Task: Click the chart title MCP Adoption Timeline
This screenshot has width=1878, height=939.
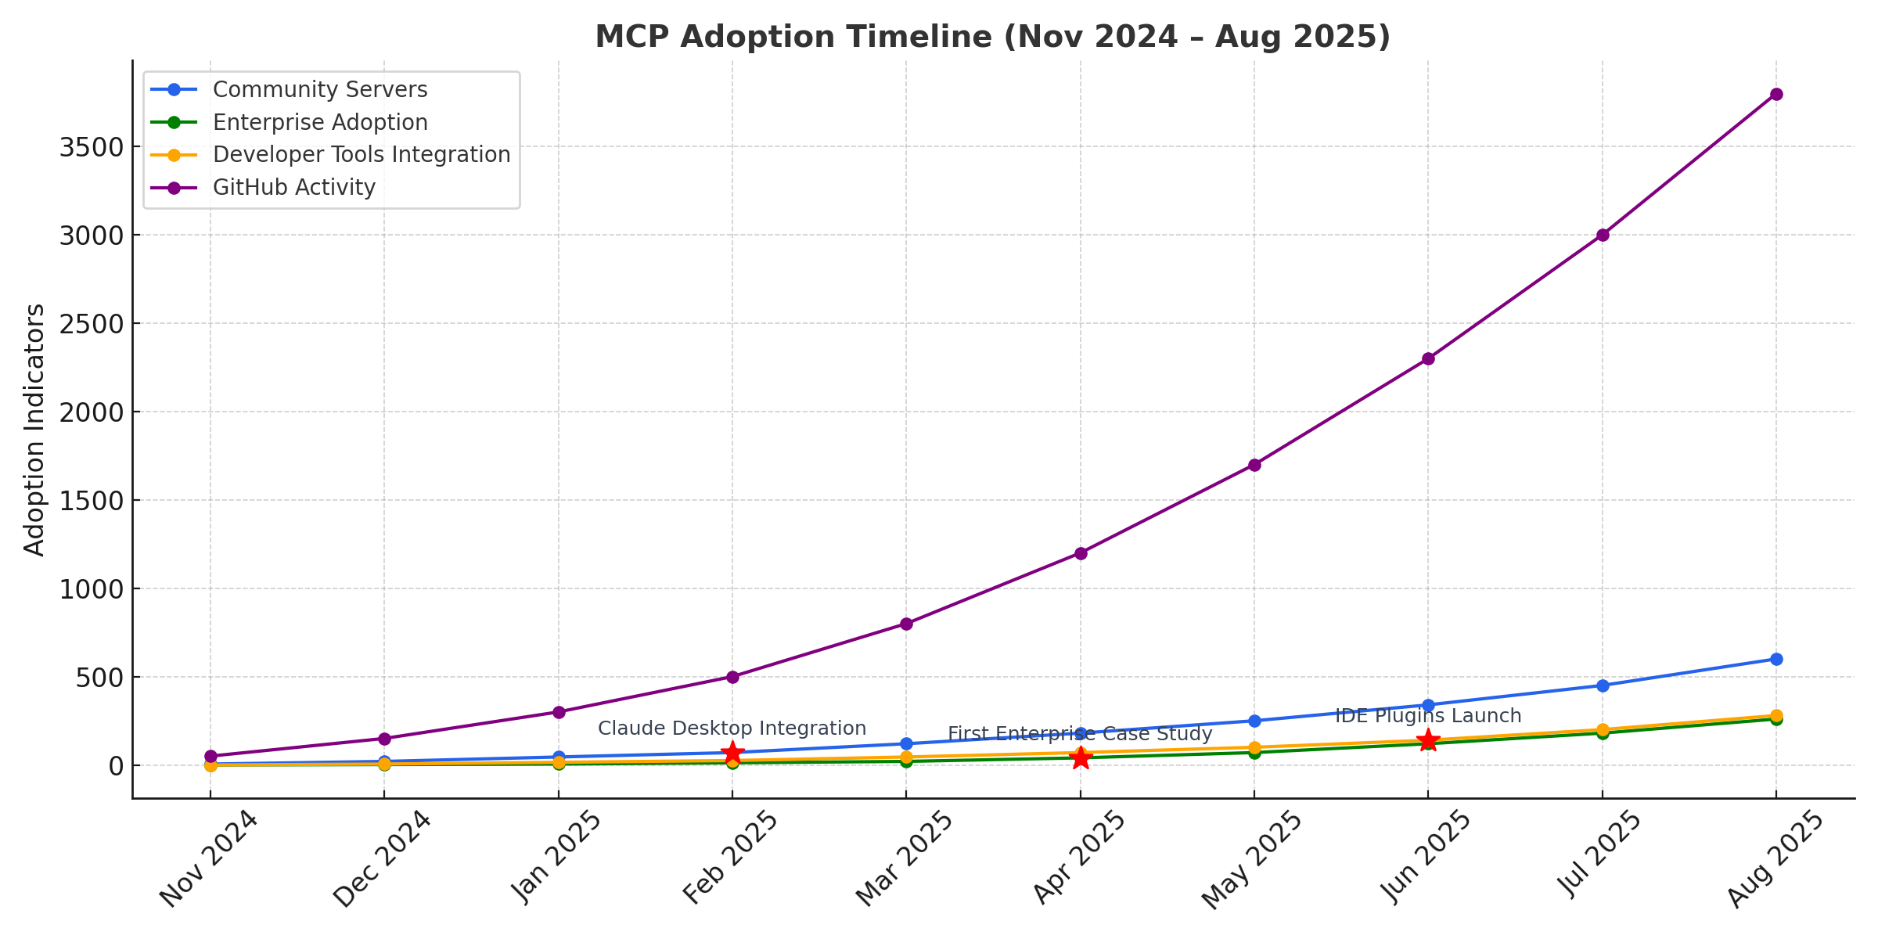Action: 992,37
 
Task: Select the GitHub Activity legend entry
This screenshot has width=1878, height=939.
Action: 294,188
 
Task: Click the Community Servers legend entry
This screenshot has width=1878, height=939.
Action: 320,90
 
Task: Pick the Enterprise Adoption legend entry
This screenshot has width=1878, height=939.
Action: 320,123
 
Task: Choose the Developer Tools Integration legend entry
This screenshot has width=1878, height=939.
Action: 362,155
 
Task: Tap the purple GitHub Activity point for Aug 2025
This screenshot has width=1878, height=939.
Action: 1776,94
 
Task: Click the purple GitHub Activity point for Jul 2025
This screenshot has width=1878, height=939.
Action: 1603,235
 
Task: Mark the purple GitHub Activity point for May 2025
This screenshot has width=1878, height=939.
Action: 1254,465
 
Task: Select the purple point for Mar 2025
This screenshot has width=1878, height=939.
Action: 906,624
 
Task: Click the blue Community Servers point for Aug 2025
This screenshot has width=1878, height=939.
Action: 1776,659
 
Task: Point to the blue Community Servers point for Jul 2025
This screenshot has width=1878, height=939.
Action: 1603,685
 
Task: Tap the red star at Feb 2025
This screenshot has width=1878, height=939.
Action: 732,753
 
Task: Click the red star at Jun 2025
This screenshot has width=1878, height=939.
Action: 1428,740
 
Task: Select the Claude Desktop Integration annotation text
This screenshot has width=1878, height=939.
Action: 732,729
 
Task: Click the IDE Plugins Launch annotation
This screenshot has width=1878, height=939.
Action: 1428,716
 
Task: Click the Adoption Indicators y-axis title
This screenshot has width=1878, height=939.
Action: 34,430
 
